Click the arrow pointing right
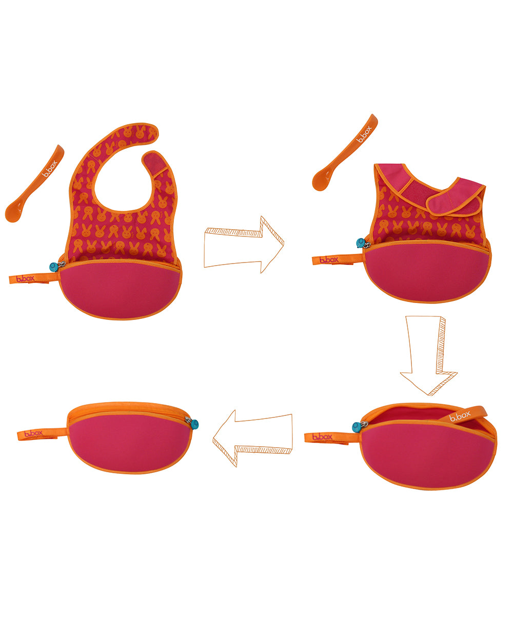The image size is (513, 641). [244, 245]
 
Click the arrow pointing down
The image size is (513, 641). [428, 355]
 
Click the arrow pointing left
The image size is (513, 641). [252, 438]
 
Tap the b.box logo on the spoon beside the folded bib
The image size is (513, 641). [364, 134]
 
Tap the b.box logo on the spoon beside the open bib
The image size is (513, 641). [49, 169]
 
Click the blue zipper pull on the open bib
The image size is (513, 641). [54, 267]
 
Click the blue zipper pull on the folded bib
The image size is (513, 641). [361, 243]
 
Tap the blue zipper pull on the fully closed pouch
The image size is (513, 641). [194, 424]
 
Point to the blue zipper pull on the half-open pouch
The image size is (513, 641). [356, 427]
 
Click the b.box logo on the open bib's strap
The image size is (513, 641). [25, 279]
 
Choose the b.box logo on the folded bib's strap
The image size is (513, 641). [329, 260]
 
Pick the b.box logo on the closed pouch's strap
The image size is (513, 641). [33, 433]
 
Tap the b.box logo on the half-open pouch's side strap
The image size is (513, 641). [322, 437]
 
